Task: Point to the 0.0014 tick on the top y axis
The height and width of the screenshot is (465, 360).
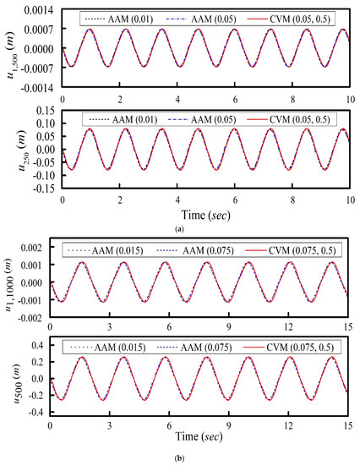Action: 40,9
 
